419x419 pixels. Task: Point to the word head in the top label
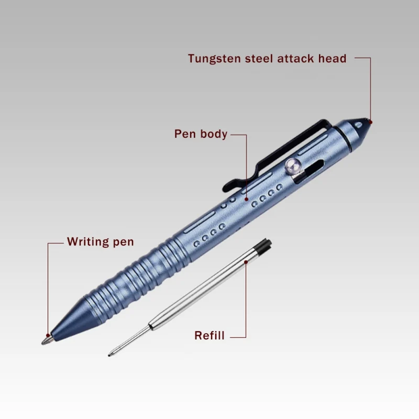click(333, 59)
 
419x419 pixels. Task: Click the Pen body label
click(201, 134)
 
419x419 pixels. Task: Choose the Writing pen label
click(100, 242)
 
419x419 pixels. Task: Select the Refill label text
click(209, 336)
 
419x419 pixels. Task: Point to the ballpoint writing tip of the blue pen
click(46, 341)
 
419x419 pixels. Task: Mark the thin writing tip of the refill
click(111, 354)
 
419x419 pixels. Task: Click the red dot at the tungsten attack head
click(370, 123)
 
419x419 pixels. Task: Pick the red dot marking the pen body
click(246, 199)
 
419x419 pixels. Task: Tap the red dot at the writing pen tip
click(49, 335)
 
